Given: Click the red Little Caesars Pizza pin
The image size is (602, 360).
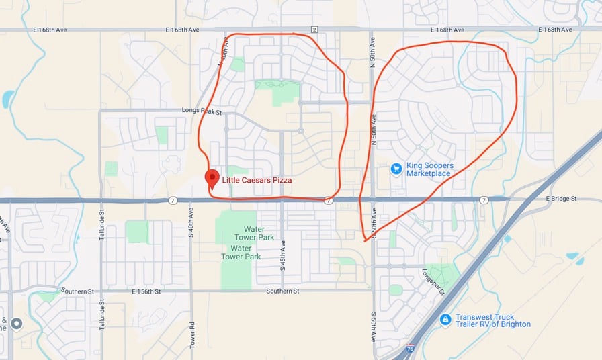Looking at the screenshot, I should [x=212, y=178].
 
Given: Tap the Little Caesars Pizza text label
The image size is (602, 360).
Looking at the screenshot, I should [x=257, y=181].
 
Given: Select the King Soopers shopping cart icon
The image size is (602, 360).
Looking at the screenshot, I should [x=396, y=168].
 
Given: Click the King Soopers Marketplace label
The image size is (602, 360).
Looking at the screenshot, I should [x=429, y=169].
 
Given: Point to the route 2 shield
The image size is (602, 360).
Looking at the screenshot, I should [x=314, y=29].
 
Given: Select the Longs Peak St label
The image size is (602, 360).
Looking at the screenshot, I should [x=202, y=110].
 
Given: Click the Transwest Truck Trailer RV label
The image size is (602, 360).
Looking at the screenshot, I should [x=492, y=320].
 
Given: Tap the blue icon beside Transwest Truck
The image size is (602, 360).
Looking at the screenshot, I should [x=445, y=320].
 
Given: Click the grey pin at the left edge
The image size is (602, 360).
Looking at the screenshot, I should [x=17, y=324].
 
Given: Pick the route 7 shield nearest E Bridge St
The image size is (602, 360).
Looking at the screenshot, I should [x=484, y=200].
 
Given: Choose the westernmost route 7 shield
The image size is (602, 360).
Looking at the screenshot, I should [x=173, y=200].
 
